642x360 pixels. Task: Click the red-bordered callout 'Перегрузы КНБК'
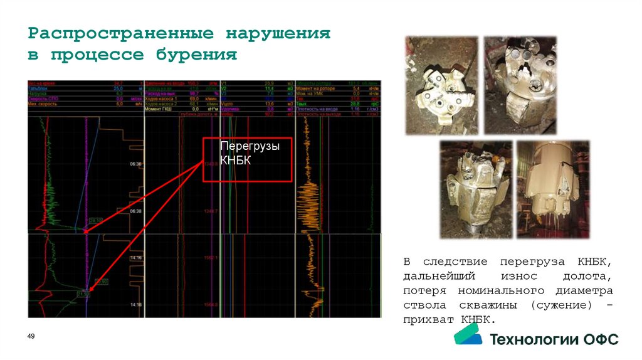pyautogui.click(x=248, y=159)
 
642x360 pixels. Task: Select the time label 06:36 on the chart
pyautogui.click(x=136, y=164)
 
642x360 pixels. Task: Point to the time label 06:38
pyautogui.click(x=136, y=211)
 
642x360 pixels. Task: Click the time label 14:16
pyautogui.click(x=136, y=258)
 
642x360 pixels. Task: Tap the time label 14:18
pyautogui.click(x=136, y=305)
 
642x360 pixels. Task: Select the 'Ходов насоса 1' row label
pyautogui.click(x=162, y=99)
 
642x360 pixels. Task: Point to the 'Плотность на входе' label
pyautogui.click(x=320, y=109)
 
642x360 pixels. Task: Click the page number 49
pyautogui.click(x=31, y=337)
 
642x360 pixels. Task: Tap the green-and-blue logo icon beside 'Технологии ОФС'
pyautogui.click(x=468, y=338)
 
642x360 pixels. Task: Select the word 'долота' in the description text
pyautogui.click(x=586, y=277)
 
